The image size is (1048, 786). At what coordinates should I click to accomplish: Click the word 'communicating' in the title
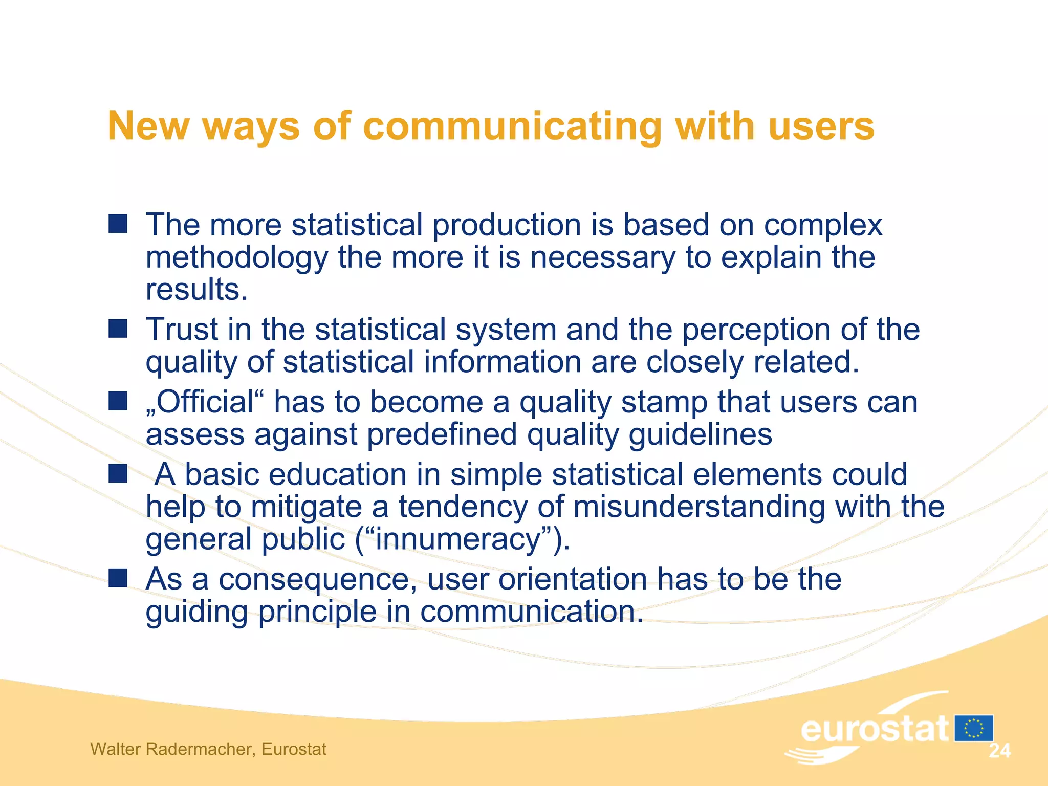point(512,126)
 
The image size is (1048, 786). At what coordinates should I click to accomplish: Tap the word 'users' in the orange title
point(821,126)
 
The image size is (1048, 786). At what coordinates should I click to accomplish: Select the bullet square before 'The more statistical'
point(118,224)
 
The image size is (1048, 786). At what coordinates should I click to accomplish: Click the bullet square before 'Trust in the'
point(118,329)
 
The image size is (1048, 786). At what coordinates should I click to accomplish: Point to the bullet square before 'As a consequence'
point(118,578)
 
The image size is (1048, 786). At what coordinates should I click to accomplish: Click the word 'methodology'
point(236,257)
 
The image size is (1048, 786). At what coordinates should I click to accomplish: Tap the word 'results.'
point(196,290)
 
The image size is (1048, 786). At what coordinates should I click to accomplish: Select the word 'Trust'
point(182,329)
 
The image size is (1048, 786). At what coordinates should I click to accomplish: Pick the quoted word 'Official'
point(205,402)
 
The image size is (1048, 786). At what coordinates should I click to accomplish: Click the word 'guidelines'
point(700,435)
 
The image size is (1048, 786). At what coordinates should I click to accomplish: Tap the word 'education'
point(337,474)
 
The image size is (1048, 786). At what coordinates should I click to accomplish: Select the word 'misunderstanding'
point(698,507)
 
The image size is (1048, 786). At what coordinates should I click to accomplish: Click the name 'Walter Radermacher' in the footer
point(171,749)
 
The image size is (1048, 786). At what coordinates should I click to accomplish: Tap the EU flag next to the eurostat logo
point(973,728)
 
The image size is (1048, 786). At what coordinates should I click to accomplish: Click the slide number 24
point(999,751)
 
